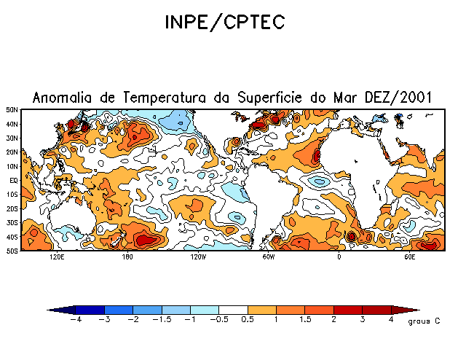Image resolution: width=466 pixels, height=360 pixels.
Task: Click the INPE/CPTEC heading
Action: pyautogui.click(x=224, y=23)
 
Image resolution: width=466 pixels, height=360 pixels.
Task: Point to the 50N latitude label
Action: pyautogui.click(x=12, y=110)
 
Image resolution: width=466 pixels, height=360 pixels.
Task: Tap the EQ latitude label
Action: pyautogui.click(x=14, y=181)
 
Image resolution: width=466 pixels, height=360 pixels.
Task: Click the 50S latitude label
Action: pyautogui.click(x=12, y=251)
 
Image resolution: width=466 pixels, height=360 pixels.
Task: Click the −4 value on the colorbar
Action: pyautogui.click(x=76, y=320)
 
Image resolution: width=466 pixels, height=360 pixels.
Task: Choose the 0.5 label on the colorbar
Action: pyautogui.click(x=248, y=320)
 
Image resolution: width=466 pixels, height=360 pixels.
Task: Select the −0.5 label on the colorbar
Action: pyautogui.click(x=218, y=320)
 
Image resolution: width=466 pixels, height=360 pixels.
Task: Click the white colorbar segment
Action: pyautogui.click(x=234, y=310)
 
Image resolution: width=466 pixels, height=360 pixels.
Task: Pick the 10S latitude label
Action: pyautogui.click(x=12, y=195)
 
